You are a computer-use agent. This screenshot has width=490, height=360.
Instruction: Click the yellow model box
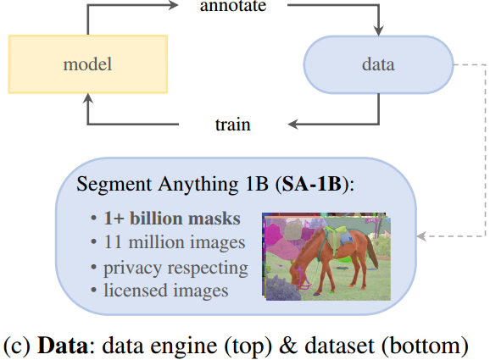click(x=88, y=64)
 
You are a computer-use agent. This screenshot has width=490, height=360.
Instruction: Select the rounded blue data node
click(x=378, y=64)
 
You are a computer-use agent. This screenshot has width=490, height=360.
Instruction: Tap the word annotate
click(x=233, y=6)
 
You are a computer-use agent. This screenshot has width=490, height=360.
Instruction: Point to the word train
click(x=233, y=125)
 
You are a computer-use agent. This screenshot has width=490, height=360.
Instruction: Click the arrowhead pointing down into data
click(x=379, y=30)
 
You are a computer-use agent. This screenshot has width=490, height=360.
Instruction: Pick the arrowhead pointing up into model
click(x=88, y=98)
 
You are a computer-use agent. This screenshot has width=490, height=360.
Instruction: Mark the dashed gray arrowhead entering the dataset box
click(x=422, y=236)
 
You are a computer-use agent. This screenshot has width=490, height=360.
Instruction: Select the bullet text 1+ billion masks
click(x=172, y=218)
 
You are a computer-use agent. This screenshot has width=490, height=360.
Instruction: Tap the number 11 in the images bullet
click(x=113, y=242)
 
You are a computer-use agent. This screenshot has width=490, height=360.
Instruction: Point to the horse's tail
click(x=372, y=253)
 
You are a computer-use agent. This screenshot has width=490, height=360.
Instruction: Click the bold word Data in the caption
click(x=63, y=346)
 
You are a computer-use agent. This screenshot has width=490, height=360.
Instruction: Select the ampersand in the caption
click(x=288, y=346)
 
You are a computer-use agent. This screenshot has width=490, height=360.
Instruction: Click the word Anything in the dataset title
click(x=198, y=185)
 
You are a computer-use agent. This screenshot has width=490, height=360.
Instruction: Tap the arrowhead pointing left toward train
click(x=292, y=124)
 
